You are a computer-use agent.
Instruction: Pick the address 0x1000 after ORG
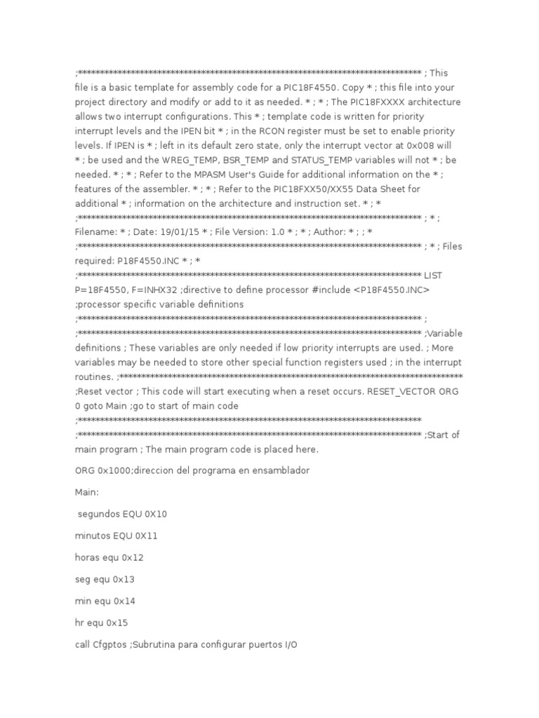115,470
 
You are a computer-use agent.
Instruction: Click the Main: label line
88,492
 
